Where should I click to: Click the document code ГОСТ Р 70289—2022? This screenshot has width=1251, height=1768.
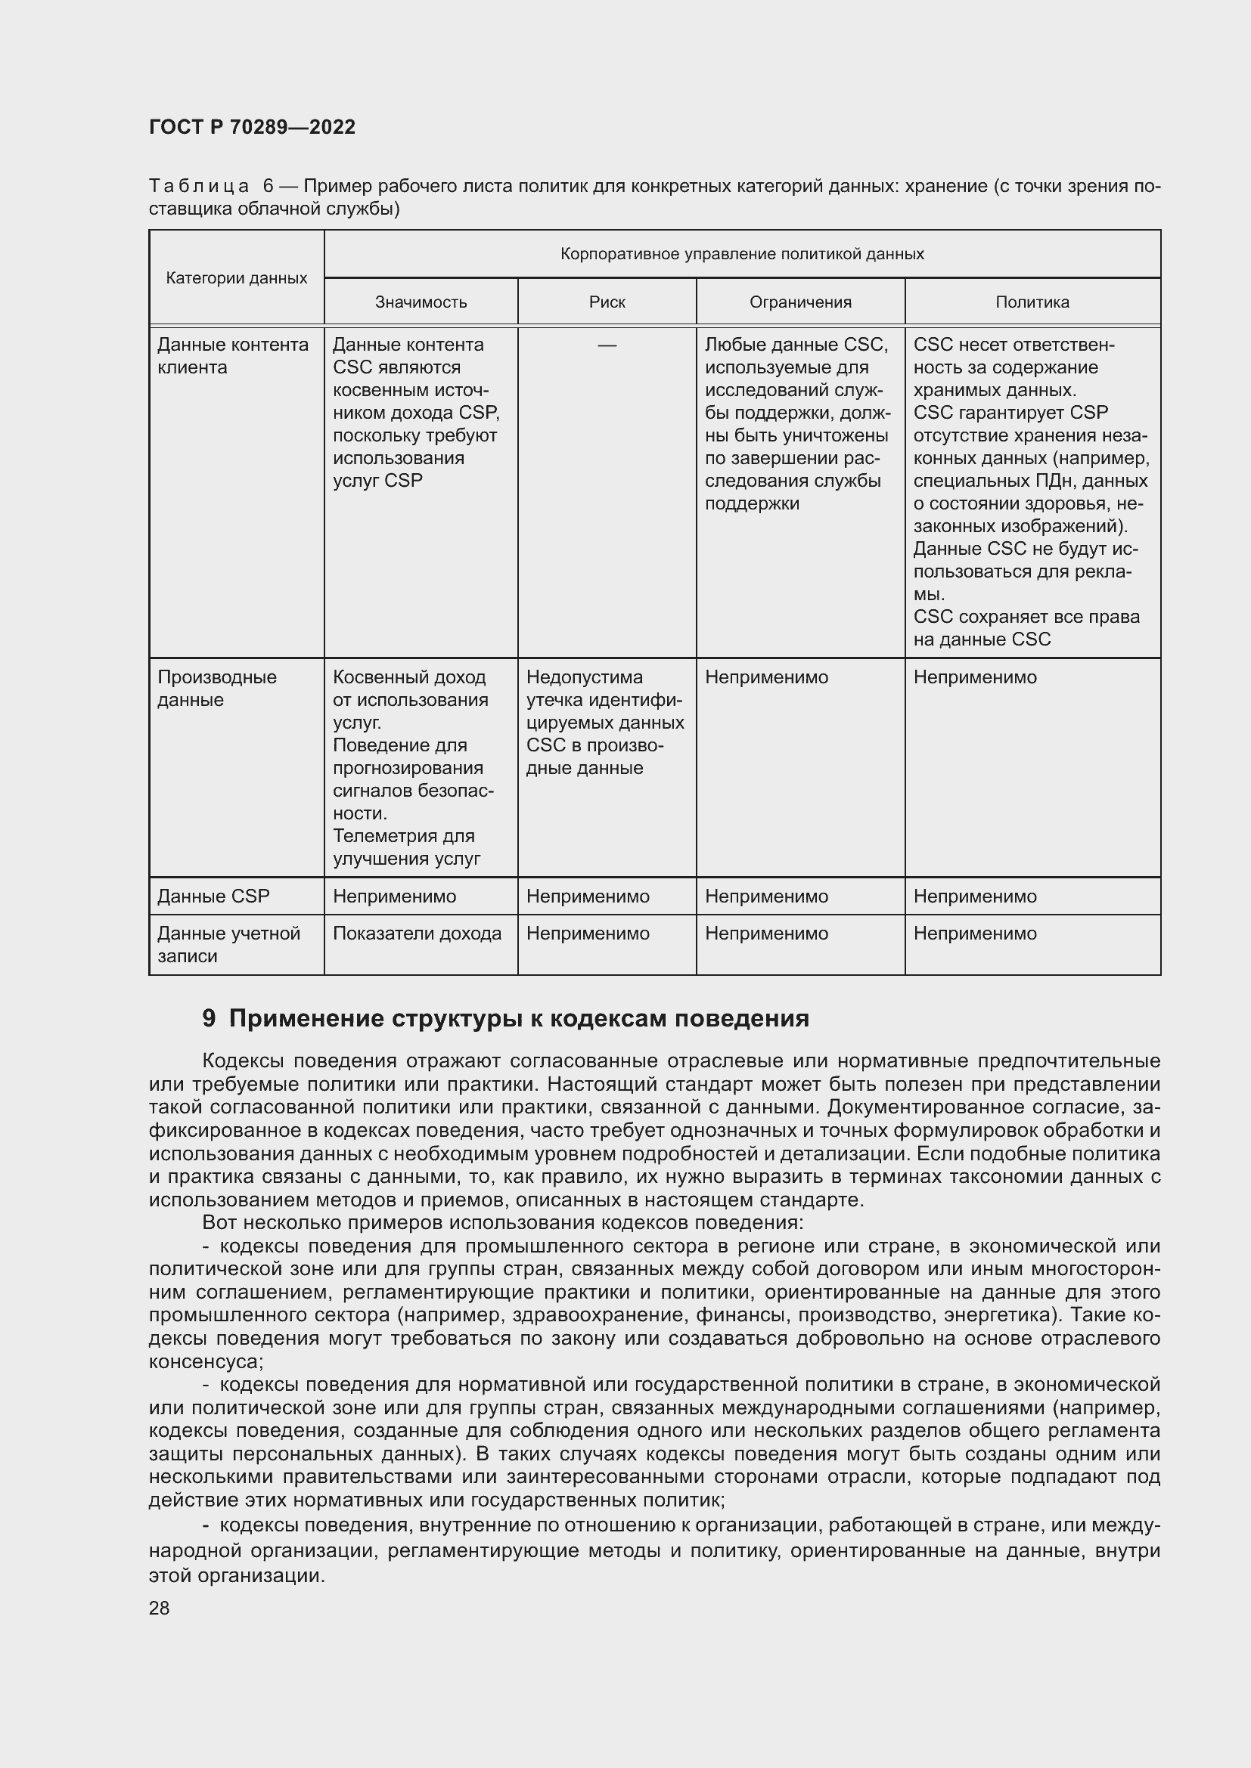tap(252, 127)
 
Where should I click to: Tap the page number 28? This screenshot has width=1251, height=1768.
tap(159, 1608)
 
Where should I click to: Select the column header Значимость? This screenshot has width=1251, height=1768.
tap(421, 302)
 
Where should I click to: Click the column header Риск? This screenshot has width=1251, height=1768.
tap(607, 302)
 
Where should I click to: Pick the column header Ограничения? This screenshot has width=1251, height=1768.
tap(800, 302)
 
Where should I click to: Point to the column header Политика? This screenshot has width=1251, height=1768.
tap(1032, 302)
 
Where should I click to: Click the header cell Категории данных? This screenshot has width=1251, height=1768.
tap(237, 278)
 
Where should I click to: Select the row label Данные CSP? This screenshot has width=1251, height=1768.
tap(213, 896)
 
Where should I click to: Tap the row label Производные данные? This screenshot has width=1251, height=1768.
tap(216, 689)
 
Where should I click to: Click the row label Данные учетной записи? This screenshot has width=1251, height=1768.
tap(228, 944)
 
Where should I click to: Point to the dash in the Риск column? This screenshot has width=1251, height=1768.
tap(607, 345)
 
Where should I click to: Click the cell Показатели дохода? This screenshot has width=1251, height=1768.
tap(417, 934)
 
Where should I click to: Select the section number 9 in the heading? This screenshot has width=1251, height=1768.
tap(209, 1019)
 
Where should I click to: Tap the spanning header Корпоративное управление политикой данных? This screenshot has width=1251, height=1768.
tap(742, 254)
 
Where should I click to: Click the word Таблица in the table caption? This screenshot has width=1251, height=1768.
tap(199, 187)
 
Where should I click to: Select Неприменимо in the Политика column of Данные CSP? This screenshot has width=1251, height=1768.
tap(974, 896)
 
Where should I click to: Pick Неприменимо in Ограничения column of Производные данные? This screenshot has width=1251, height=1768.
tap(766, 677)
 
